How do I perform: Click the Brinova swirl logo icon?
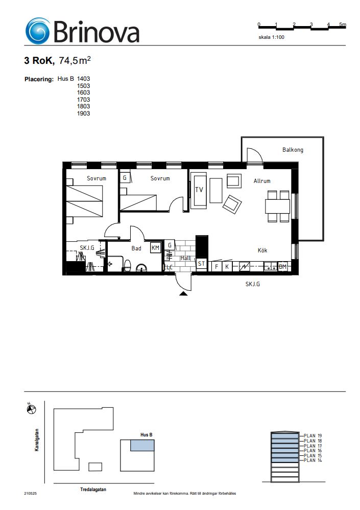coord(38,31)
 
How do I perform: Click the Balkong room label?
coord(293,150)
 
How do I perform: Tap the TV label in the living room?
coord(199,190)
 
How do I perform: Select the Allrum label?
coord(262,181)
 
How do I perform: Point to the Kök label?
coord(262,250)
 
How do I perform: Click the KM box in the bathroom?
coord(156,248)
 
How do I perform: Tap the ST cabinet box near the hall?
coord(201,264)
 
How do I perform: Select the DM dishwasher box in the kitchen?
coord(283,267)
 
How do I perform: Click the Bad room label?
coord(136,248)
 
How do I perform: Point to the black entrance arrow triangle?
coord(183,294)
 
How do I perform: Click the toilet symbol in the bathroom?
coord(127,266)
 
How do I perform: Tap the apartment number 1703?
coord(84,100)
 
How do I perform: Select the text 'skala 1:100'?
coord(271,37)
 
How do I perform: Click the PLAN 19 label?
coord(313,436)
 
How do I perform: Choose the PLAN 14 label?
coord(313,460)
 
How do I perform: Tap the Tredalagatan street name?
coord(93,490)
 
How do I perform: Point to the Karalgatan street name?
coord(37,440)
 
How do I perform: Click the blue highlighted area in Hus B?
coord(142,445)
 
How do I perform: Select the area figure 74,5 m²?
coord(75,60)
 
